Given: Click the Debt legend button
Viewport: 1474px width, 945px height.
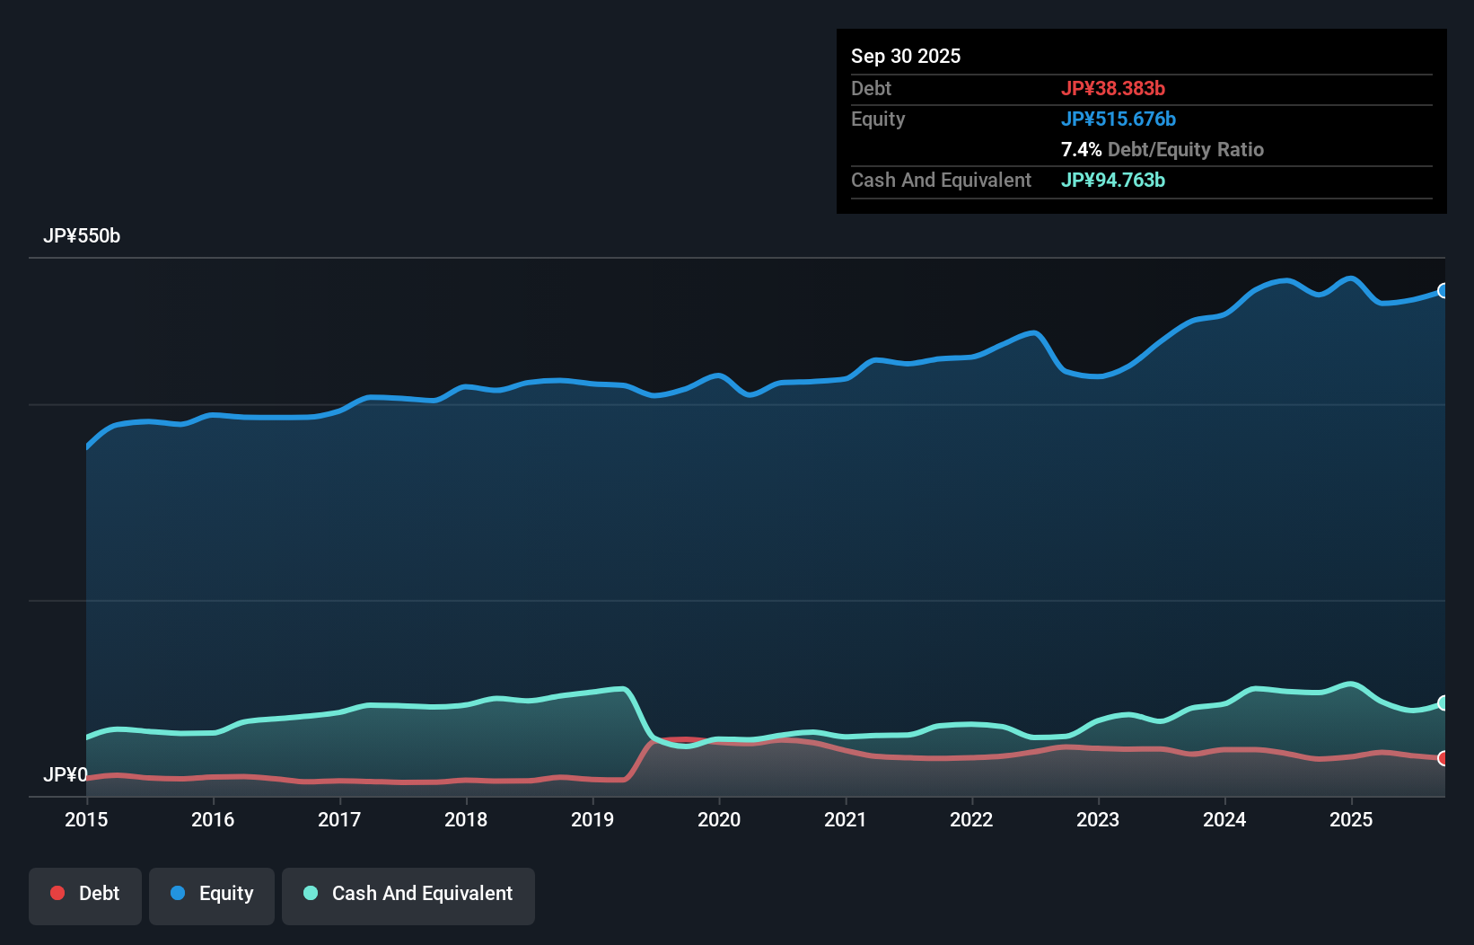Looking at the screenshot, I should click(85, 895).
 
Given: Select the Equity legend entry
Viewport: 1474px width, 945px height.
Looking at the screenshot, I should click(212, 895).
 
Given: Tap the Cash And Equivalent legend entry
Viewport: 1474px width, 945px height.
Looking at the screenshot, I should click(408, 895).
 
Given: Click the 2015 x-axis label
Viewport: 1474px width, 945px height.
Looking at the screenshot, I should click(86, 819).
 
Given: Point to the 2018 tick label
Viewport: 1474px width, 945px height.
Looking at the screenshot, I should click(466, 819).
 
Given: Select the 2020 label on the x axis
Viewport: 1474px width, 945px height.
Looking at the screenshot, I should click(719, 819).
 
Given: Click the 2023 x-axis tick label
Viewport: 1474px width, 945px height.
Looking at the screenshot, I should click(1098, 819).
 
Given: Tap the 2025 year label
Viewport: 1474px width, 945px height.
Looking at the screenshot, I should click(1351, 819).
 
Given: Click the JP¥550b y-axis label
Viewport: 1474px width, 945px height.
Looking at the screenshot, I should click(82, 236).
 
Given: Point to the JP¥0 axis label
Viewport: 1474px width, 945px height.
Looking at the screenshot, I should click(66, 774).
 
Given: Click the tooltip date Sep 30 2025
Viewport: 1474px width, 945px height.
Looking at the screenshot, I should click(906, 57).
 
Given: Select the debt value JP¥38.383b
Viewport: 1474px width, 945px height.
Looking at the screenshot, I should click(1113, 89).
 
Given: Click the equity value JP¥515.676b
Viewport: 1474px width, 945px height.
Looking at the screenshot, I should click(1119, 119).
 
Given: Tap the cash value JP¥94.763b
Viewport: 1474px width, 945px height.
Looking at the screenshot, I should click(1113, 181).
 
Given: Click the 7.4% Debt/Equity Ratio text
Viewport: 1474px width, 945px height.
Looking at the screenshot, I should click(1163, 150).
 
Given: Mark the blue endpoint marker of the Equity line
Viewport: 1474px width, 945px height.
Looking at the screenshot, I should click(1443, 291).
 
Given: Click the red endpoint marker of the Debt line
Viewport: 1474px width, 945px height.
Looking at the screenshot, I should click(1443, 758).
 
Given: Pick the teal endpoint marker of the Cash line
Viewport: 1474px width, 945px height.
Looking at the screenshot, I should click(1443, 702).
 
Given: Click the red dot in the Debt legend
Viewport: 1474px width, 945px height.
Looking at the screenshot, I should click(57, 893).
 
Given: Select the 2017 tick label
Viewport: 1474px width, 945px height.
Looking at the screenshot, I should click(339, 819).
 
